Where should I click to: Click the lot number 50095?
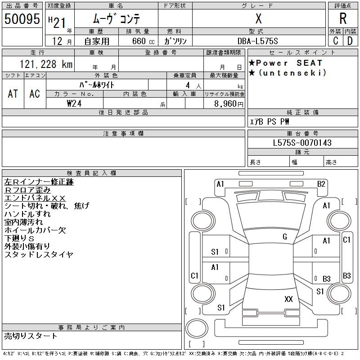[x=21, y=19]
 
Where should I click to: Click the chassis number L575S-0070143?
[x=302, y=143]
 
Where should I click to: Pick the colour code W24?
[x=75, y=103]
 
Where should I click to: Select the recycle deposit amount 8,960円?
[x=229, y=103]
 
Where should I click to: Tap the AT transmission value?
[x=13, y=94]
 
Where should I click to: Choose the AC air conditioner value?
[x=35, y=94]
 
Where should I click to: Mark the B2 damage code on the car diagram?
[x=321, y=184]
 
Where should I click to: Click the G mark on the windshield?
[x=284, y=237]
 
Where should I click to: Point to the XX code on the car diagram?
[x=288, y=299]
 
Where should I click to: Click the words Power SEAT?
[x=290, y=63]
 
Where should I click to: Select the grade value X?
[x=258, y=18]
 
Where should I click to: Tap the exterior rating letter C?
[x=336, y=41]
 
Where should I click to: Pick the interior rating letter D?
[x=350, y=41]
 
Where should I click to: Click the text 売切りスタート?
[x=31, y=336]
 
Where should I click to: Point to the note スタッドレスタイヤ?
[x=39, y=255]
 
